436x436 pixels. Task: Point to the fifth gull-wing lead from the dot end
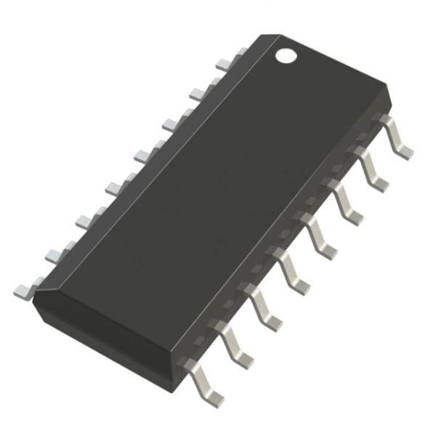[x=292, y=267]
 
